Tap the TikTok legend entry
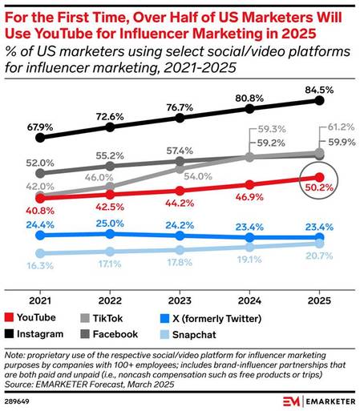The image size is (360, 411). coord(131,318)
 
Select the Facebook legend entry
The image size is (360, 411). coord(136,333)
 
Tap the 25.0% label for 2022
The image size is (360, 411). coord(110,222)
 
